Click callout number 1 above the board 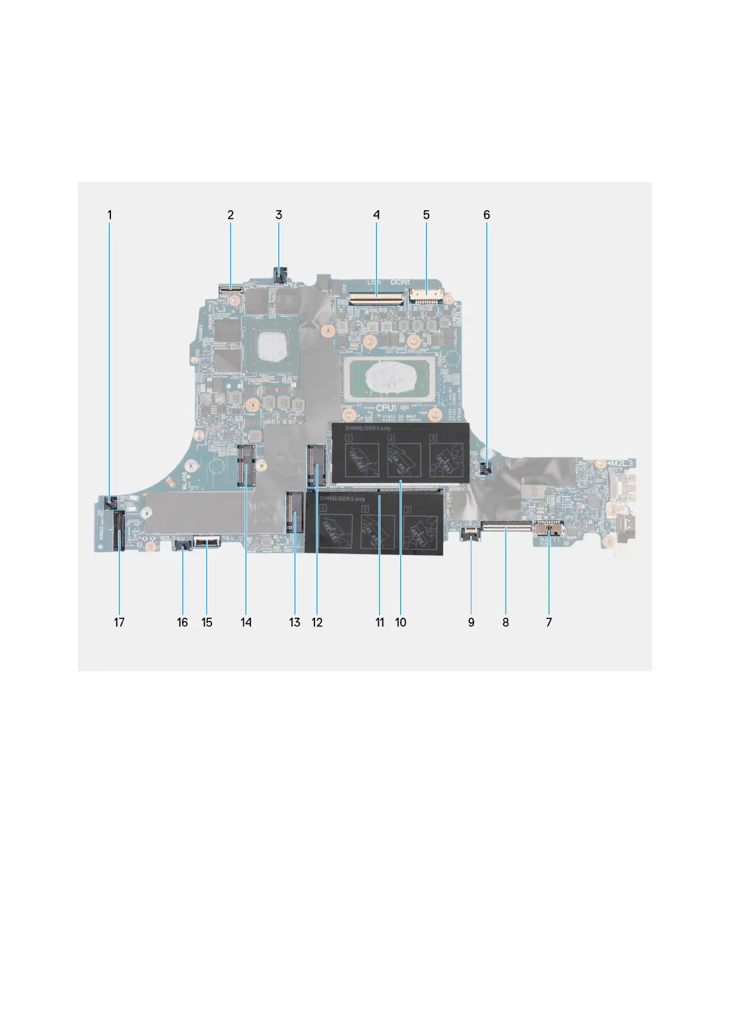110,215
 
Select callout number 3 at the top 279,215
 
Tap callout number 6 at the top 487,215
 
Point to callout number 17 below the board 119,623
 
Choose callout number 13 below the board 295,623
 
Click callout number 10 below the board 401,623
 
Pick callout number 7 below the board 549,623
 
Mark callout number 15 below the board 207,623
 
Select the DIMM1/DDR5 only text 361,428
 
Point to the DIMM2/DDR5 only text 343,499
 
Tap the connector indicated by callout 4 376,298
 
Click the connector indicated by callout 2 230,285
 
